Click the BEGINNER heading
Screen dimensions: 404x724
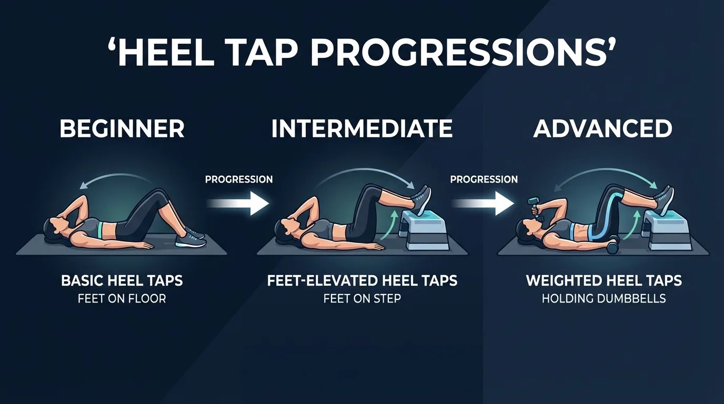coord(122,129)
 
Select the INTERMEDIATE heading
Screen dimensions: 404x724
coord(362,129)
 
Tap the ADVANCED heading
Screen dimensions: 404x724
coord(602,129)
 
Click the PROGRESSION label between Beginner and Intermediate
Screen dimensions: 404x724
coord(239,179)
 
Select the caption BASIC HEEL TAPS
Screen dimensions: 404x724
coord(122,280)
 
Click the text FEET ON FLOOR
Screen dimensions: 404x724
coord(122,299)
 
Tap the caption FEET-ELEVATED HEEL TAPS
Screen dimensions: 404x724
coord(362,280)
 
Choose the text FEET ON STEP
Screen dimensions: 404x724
coord(362,299)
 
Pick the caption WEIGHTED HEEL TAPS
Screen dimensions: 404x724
coord(604,280)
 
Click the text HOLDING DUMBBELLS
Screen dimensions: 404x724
coord(604,299)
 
